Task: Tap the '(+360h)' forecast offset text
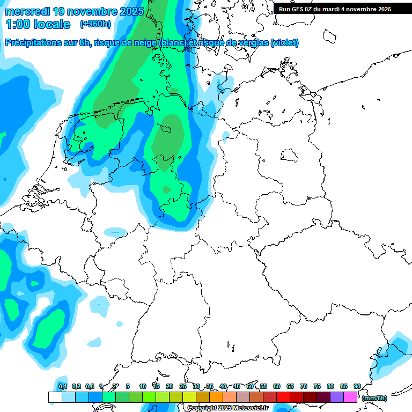(95, 24)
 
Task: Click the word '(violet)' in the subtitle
(285, 43)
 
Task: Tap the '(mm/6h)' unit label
(374, 398)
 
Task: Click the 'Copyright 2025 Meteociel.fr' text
(227, 408)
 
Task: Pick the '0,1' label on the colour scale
(62, 386)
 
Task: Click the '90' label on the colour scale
(357, 386)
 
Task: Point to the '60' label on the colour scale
(277, 386)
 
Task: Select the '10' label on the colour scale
(143, 386)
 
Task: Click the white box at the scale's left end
(55, 397)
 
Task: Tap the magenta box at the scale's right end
(350, 397)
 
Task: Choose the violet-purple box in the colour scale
(337, 397)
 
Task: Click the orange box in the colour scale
(216, 397)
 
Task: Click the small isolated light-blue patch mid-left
(115, 232)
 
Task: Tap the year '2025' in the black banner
(381, 9)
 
